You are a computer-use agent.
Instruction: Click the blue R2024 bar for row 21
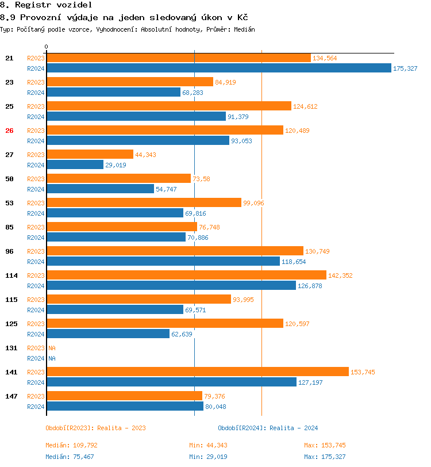coord(218,68)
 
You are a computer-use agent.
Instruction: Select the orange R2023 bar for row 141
coord(197,372)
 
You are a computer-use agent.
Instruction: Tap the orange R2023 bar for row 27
coord(90,154)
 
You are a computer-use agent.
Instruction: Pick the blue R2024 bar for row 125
coord(108,334)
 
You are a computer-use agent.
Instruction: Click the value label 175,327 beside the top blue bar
coord(405,68)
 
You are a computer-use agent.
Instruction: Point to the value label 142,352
coord(341,275)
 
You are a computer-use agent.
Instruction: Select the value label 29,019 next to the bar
coord(116,165)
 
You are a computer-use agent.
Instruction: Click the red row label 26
coord(9,131)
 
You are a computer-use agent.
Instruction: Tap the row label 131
coord(11,348)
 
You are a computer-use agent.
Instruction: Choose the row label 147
coord(11,396)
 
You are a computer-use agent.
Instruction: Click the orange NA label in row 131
coord(52,348)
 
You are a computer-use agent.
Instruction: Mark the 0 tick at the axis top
coord(47,47)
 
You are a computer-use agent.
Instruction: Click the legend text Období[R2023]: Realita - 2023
coord(95,428)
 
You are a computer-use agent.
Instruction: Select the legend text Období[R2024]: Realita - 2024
coord(268,428)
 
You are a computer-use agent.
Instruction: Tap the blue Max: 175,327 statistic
coord(325,457)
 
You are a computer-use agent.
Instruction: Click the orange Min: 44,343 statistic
coord(212,445)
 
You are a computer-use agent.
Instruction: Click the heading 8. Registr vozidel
coord(46,5)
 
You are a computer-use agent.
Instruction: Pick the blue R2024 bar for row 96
coord(163,261)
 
